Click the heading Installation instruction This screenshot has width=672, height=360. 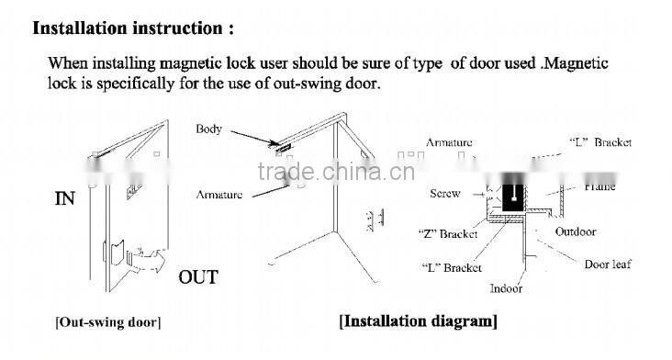(133, 27)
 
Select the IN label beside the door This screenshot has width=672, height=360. (66, 197)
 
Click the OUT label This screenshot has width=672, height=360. (198, 276)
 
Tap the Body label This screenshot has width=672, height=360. (208, 129)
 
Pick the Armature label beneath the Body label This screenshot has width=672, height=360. (219, 195)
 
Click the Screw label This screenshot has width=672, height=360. (444, 194)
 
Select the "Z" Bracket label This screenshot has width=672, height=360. (447, 234)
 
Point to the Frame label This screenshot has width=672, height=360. (599, 186)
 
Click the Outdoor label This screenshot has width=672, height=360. (576, 231)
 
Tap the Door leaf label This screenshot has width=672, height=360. (608, 264)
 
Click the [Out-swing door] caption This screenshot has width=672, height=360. (107, 322)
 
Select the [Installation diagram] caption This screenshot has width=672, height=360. (418, 321)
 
